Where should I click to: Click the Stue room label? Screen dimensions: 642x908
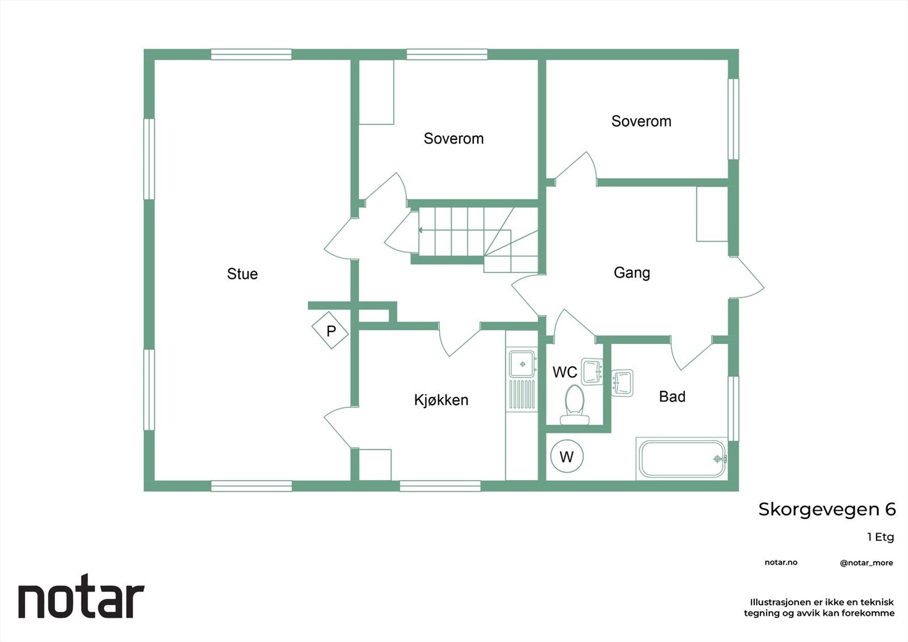242,274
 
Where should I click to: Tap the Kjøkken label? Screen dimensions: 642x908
441,400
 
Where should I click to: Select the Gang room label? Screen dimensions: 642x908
632,273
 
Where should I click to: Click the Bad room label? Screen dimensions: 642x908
672,397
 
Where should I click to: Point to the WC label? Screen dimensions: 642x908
564,372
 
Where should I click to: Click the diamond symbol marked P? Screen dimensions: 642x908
330,330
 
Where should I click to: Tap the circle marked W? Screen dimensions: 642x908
566,456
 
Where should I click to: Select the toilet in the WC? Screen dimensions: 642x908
574,404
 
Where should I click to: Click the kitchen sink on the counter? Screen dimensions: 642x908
522,364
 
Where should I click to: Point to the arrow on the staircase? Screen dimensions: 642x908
421,230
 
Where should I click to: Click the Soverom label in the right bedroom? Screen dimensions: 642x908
641,121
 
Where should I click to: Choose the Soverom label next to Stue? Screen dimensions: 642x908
453,139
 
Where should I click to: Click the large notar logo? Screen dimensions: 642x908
81,599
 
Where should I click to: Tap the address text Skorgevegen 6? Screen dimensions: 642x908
827,510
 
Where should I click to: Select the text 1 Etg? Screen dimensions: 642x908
880,537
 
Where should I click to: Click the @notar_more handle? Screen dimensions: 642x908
866,563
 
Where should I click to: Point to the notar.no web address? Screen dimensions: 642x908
781,563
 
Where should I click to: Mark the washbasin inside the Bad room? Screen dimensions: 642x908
623,383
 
